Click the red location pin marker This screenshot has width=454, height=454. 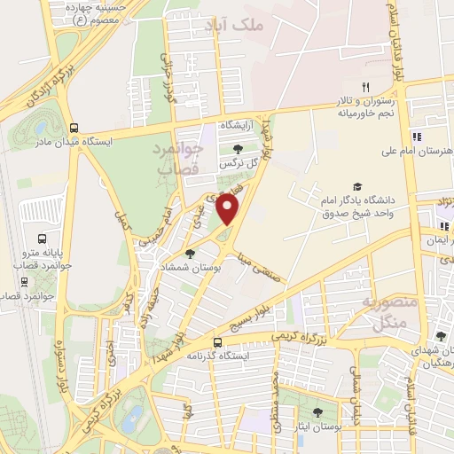[229, 210]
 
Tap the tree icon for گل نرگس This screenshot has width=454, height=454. [238, 150]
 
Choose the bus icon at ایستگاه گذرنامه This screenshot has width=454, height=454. [217, 341]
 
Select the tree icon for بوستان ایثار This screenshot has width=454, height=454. [317, 411]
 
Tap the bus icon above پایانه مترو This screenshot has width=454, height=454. [41, 239]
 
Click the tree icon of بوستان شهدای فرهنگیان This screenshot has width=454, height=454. [441, 336]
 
